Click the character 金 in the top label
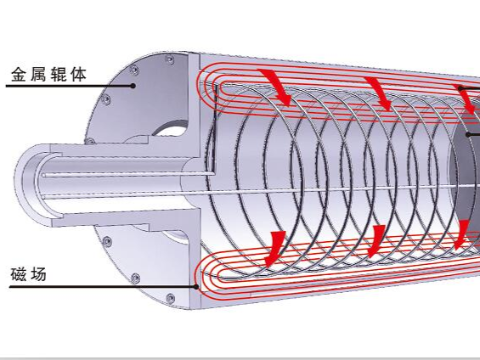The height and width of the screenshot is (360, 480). (x=20, y=75)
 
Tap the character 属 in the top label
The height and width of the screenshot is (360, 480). (x=38, y=75)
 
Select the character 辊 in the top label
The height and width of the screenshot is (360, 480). (x=59, y=75)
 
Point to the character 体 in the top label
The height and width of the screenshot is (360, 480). (x=78, y=75)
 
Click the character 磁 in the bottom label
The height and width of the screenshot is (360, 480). (x=19, y=274)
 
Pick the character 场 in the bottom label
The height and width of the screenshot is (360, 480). (x=38, y=274)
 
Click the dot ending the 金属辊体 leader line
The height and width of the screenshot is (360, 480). (x=133, y=86)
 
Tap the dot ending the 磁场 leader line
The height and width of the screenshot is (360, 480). (x=196, y=287)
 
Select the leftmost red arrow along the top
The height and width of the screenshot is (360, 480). (x=276, y=87)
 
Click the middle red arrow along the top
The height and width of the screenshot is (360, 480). (x=379, y=93)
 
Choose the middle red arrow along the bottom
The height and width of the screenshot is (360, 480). (x=376, y=241)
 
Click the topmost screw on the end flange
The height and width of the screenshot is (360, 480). (x=169, y=60)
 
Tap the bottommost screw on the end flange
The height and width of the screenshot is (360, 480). (x=170, y=298)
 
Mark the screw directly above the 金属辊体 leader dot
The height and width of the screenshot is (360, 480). (x=134, y=70)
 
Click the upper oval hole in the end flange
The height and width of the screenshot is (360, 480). (x=170, y=128)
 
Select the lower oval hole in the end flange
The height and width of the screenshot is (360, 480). (x=175, y=237)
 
